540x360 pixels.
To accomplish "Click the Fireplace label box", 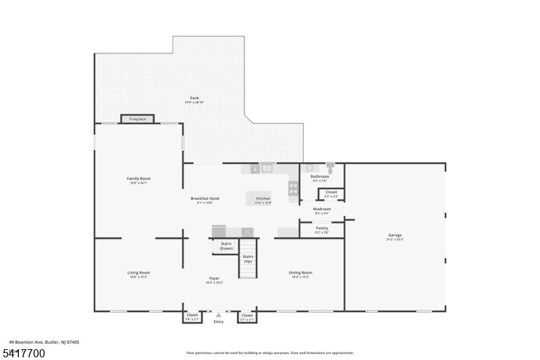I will click(x=138, y=119).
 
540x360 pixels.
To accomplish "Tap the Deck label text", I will click(x=194, y=99).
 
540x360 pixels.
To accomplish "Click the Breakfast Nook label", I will click(x=205, y=199).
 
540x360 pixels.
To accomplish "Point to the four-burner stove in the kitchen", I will click(x=294, y=189).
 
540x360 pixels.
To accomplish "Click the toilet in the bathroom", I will click(x=330, y=168).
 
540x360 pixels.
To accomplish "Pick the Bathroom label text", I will click(x=320, y=177).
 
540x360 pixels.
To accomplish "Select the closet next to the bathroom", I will click(x=331, y=193).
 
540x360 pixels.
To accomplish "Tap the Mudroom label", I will click(x=321, y=209).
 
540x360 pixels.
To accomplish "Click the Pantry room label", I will click(x=322, y=229).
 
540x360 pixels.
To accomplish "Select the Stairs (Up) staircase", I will click(x=248, y=259).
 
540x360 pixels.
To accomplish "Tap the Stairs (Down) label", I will click(x=226, y=246).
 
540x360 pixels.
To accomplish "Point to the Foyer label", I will click(x=214, y=279).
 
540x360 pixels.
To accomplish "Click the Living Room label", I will click(x=138, y=273).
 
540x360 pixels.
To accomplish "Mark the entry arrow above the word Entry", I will click(x=218, y=315).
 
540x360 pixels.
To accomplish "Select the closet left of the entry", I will click(x=192, y=315).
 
